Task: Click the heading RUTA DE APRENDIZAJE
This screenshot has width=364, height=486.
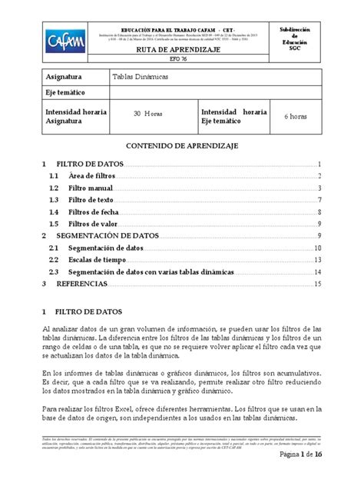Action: [182, 50]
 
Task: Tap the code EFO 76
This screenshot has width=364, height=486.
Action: [182, 62]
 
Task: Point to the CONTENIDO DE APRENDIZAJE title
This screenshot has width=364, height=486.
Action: [181, 145]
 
